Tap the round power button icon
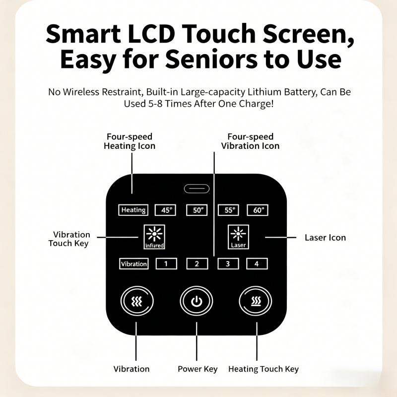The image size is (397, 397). pyautogui.click(x=196, y=301)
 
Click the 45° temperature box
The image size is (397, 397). pyautogui.click(x=165, y=210)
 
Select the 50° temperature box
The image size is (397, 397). pyautogui.click(x=197, y=210)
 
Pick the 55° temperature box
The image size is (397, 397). pyautogui.click(x=228, y=210)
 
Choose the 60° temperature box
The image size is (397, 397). pyautogui.click(x=258, y=210)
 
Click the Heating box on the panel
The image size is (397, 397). pyautogui.click(x=133, y=210)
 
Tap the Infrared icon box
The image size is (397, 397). pyautogui.click(x=154, y=237)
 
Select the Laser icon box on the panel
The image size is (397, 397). pyautogui.click(x=238, y=237)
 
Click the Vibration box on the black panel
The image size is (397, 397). pyautogui.click(x=133, y=264)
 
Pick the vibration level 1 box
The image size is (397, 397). pyautogui.click(x=166, y=264)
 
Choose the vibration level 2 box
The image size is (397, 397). pyautogui.click(x=197, y=264)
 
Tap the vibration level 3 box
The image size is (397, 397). pyautogui.click(x=228, y=264)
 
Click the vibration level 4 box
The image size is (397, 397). pyautogui.click(x=257, y=264)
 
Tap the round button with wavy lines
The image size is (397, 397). pyautogui.click(x=137, y=301)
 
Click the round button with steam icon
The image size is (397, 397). pyautogui.click(x=255, y=301)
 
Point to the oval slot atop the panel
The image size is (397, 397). pyautogui.click(x=197, y=189)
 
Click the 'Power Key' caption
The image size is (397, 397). pyautogui.click(x=198, y=369)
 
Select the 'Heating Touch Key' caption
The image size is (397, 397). pyautogui.click(x=264, y=369)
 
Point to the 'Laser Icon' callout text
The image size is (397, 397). pyautogui.click(x=325, y=238)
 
